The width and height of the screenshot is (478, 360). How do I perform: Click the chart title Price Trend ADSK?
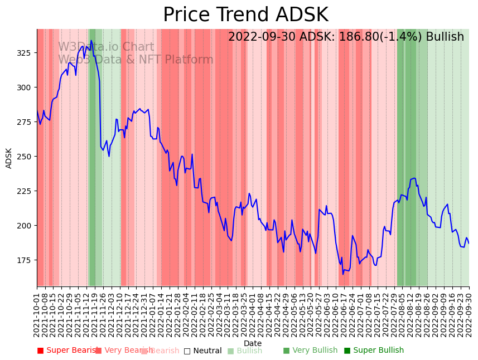245,15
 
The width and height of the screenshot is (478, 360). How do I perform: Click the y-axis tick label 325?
25,53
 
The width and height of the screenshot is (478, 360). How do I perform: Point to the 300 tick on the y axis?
25,87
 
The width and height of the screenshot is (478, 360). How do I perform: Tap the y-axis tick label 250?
25,157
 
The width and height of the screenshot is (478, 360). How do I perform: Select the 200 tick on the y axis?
25,226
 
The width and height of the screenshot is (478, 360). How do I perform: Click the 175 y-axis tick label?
25,260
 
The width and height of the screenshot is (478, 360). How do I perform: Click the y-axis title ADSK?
9,158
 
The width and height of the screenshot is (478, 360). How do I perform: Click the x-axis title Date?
253,344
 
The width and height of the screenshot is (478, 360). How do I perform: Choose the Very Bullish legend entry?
310,351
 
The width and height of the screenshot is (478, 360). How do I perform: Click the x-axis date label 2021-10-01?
37,315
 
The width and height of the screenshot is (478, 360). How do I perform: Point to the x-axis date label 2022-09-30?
469,315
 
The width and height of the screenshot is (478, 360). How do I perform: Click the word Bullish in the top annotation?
445,37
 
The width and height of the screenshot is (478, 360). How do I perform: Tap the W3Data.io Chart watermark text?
106,47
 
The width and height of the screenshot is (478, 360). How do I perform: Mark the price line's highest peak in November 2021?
91,41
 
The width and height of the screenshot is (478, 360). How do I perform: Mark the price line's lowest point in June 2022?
343,274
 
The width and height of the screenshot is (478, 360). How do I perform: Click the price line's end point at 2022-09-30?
469,243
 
